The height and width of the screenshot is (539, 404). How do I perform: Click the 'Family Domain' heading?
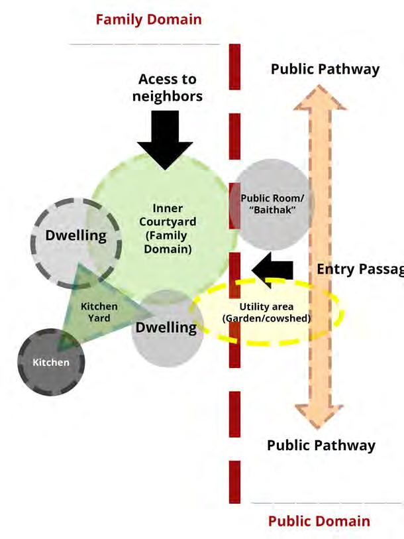click(x=148, y=19)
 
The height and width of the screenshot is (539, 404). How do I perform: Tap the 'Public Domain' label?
click(x=319, y=520)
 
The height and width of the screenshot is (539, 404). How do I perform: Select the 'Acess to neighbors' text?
click(x=167, y=88)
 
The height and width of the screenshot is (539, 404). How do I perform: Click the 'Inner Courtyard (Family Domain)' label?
click(x=167, y=229)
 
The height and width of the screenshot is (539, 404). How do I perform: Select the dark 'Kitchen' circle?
click(x=51, y=362)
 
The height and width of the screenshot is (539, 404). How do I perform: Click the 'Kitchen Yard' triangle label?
click(x=99, y=312)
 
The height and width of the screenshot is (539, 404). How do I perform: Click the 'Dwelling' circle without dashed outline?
click(x=166, y=328)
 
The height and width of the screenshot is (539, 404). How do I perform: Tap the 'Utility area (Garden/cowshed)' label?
click(x=266, y=312)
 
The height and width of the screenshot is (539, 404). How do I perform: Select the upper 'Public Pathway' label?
click(x=325, y=69)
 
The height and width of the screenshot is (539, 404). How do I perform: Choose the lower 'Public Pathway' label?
click(x=321, y=444)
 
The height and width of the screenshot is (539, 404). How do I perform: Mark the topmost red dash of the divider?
click(x=234, y=66)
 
